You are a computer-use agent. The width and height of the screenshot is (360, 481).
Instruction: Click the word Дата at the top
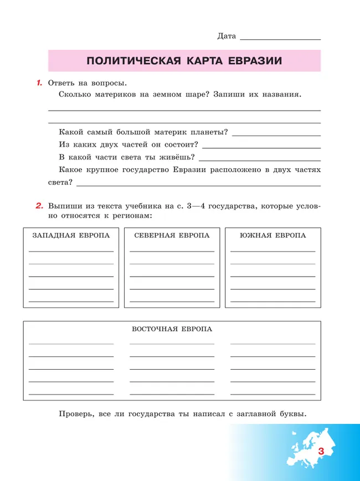coord(227,36)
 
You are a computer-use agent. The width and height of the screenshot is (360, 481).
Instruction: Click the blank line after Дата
coord(281,39)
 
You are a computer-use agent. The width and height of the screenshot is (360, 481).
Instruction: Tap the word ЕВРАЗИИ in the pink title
coord(255,61)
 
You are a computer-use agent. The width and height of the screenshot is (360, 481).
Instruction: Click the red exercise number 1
coord(39,83)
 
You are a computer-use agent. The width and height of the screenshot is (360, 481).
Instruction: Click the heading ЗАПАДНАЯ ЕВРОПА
coord(71,235)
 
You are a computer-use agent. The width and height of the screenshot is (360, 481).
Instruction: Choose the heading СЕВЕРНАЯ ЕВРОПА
coord(172,235)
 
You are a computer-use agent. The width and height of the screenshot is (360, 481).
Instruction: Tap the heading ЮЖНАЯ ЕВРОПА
coord(272,235)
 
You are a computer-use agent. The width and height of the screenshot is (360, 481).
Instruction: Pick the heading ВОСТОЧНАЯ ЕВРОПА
coord(172,329)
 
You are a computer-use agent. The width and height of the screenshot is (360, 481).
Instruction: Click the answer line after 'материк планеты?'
coord(276,135)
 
